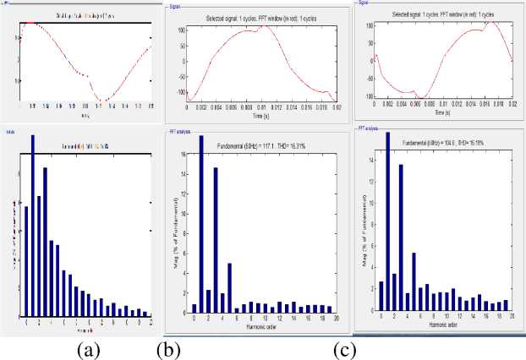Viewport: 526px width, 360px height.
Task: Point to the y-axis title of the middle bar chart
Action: [x=175, y=228]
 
